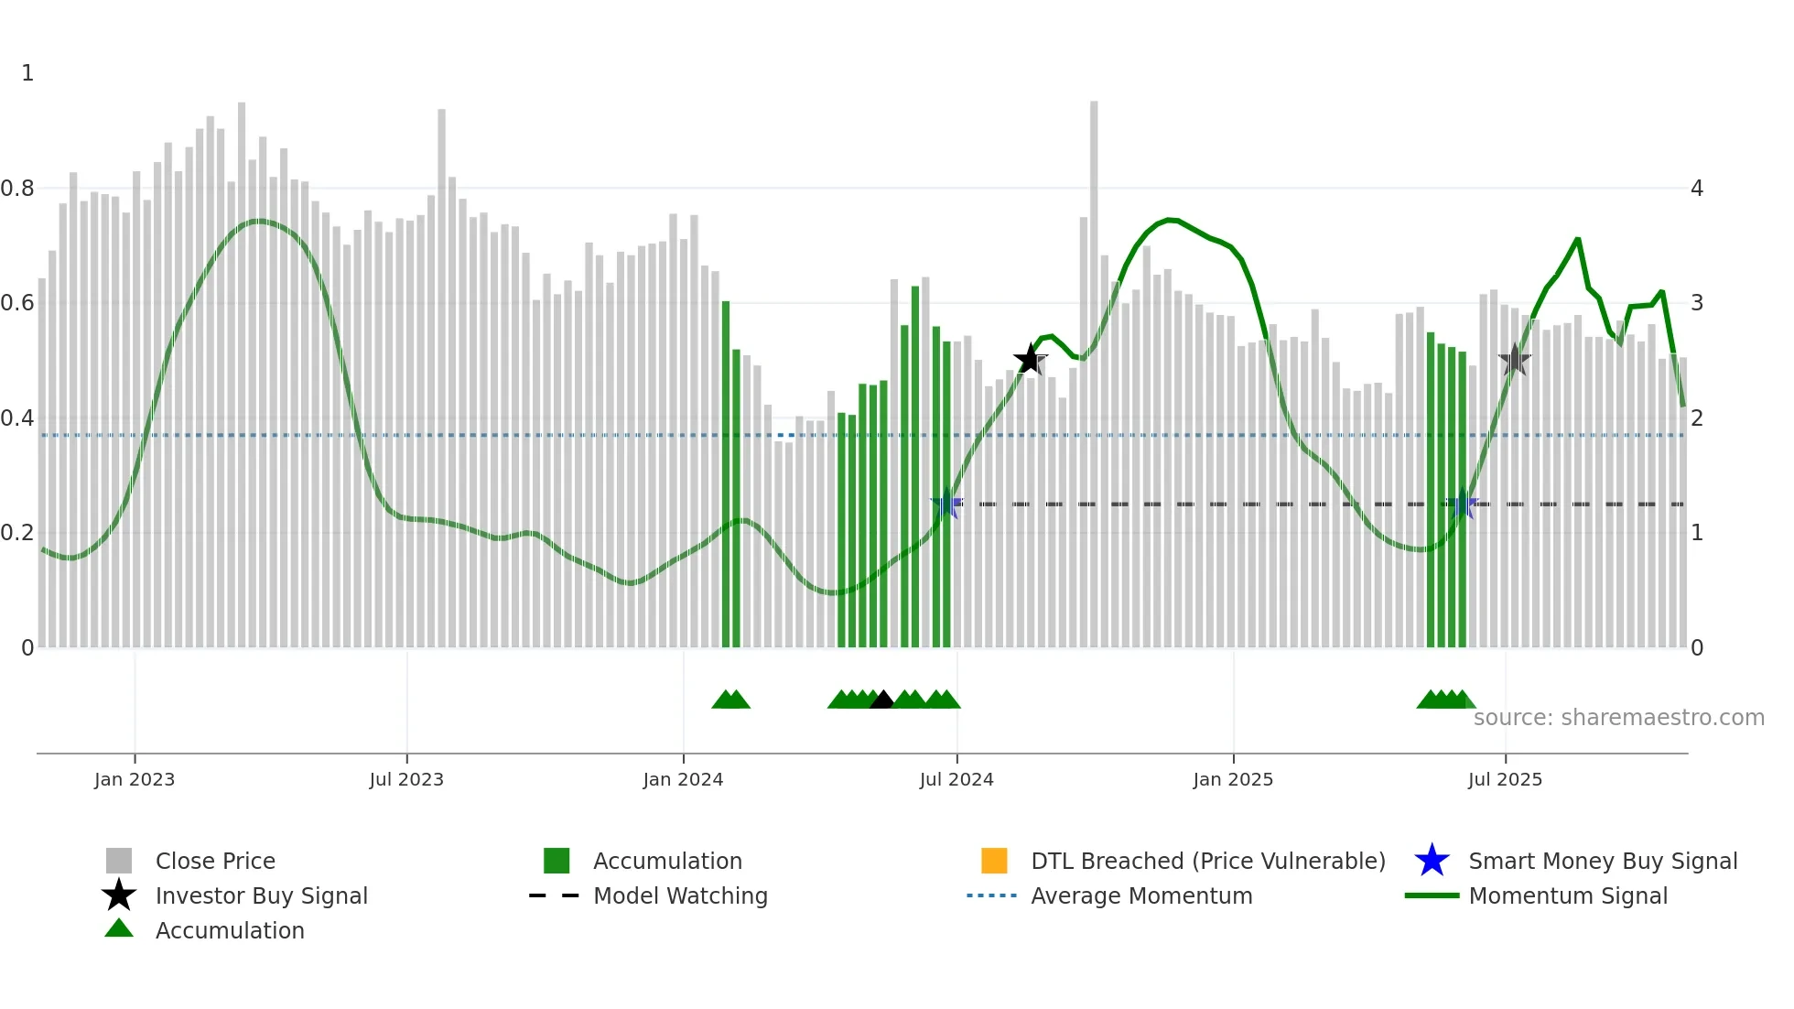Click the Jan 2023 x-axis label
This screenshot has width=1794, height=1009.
coord(134,779)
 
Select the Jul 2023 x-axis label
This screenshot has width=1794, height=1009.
coord(406,779)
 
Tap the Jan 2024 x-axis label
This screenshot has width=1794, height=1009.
coord(683,779)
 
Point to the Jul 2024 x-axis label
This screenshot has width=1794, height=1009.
coord(956,779)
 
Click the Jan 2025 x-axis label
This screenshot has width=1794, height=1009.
coord(1233,779)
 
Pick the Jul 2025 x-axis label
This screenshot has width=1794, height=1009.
coord(1505,779)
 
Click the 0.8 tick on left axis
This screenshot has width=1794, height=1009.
coord(18,189)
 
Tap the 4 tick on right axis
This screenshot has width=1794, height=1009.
coord(1697,189)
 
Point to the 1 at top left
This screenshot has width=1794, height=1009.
coord(27,73)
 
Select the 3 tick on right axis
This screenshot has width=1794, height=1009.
coord(1697,303)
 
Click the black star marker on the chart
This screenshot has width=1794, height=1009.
coord(1031,360)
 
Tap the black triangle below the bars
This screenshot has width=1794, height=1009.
coord(881,700)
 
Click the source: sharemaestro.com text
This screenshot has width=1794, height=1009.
coord(1618,718)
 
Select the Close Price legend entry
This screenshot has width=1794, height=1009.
coord(215,861)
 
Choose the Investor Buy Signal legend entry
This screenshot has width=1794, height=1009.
coord(261,895)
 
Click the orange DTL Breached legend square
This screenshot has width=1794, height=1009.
coord(994,861)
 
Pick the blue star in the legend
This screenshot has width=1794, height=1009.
coord(1432,861)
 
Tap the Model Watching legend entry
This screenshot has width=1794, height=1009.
coord(680,895)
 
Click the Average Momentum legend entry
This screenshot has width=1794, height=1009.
coord(1141,895)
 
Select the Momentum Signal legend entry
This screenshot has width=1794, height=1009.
coord(1568,895)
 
